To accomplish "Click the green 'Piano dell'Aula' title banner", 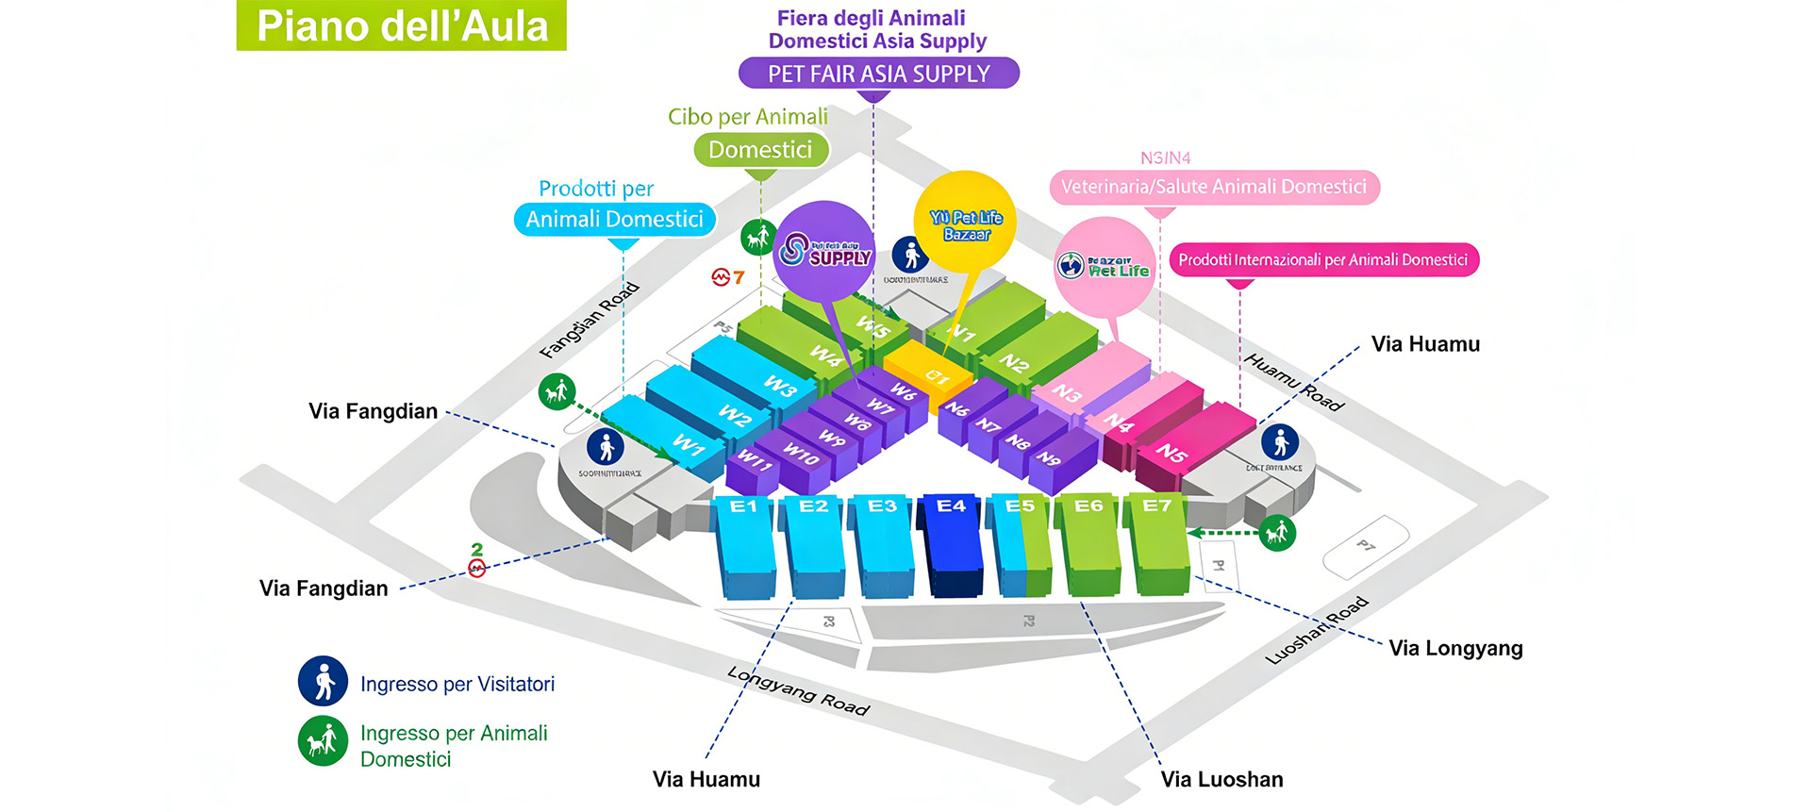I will [x=401, y=25].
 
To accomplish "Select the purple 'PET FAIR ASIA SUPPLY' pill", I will [x=878, y=74].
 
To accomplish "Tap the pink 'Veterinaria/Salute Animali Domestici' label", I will [x=1214, y=187].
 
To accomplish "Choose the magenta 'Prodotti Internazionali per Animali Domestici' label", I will [x=1323, y=260].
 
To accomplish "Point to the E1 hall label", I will [x=743, y=506].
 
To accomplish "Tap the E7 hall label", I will [x=1157, y=506].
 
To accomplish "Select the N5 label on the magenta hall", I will [x=1172, y=453].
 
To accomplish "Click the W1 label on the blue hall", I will [x=689, y=444].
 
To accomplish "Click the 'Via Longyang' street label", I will [x=1455, y=648].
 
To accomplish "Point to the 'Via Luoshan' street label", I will [x=1221, y=779].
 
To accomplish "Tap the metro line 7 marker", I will [x=727, y=277].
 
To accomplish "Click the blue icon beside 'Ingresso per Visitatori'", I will [x=324, y=681].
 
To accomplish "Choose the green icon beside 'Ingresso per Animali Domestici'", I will [x=324, y=741].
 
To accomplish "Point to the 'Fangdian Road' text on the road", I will [x=590, y=321].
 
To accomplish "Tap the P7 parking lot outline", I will [x=1366, y=547].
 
